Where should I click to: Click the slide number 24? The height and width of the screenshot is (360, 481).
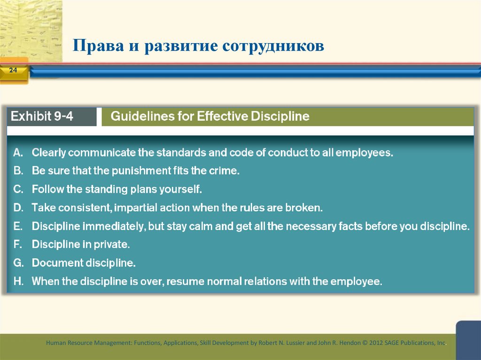[13, 70]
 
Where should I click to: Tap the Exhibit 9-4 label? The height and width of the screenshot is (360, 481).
[42, 116]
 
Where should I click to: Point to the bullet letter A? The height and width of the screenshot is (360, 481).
[18, 153]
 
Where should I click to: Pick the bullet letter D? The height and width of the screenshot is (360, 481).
[18, 207]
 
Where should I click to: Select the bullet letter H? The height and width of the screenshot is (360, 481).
[18, 282]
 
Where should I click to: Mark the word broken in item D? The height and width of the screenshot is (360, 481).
[306, 207]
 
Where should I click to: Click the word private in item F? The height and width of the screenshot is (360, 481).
[113, 245]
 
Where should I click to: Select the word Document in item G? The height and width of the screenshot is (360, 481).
[57, 263]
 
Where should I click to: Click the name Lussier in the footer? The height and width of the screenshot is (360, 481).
[292, 343]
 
